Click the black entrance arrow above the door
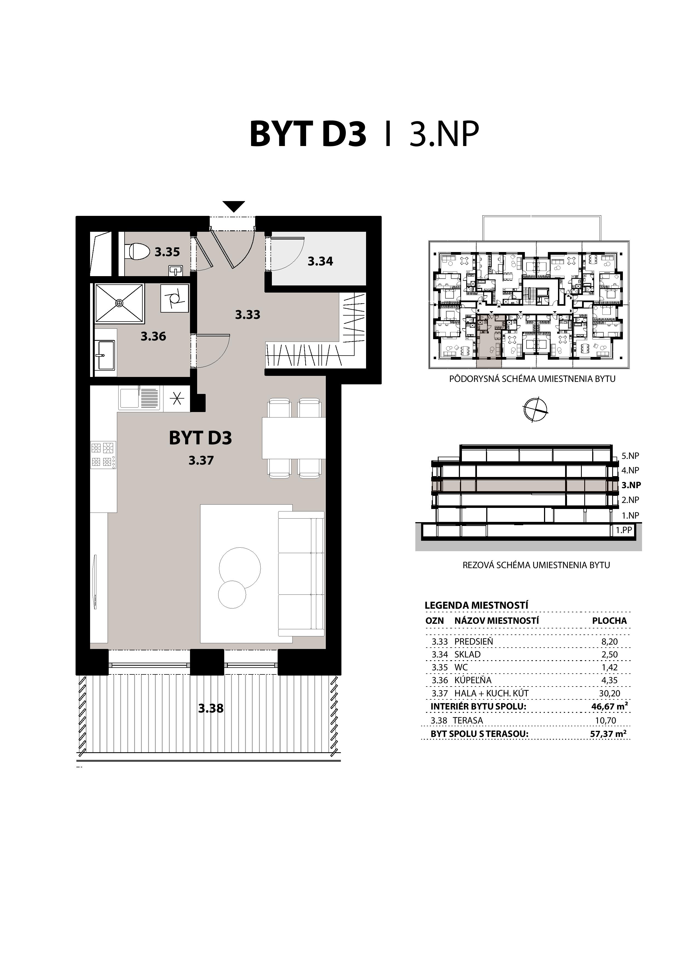(x=234, y=206)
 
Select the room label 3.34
(x=320, y=261)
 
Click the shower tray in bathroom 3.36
(x=120, y=303)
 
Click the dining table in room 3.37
(x=294, y=438)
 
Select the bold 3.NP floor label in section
(x=631, y=485)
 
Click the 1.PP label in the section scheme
(x=623, y=530)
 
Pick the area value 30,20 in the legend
(x=609, y=693)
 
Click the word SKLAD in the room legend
(x=467, y=654)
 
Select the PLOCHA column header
(x=609, y=621)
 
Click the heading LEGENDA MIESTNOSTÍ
(x=476, y=605)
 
